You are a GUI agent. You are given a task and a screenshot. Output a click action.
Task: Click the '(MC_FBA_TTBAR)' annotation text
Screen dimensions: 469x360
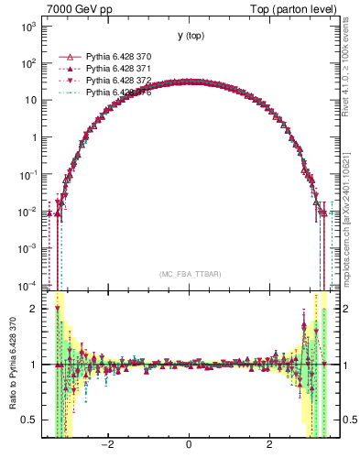pyautogui.click(x=189, y=274)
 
